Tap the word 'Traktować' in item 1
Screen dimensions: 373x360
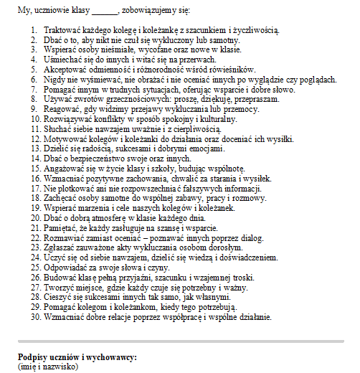pos(64,31)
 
